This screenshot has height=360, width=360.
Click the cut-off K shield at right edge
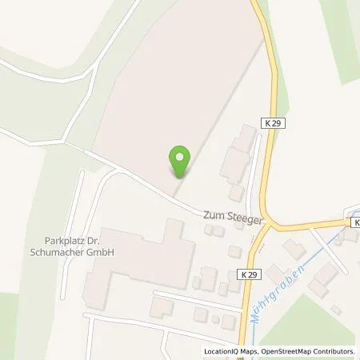click(355, 222)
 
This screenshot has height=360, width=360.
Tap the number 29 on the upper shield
click(277, 122)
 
